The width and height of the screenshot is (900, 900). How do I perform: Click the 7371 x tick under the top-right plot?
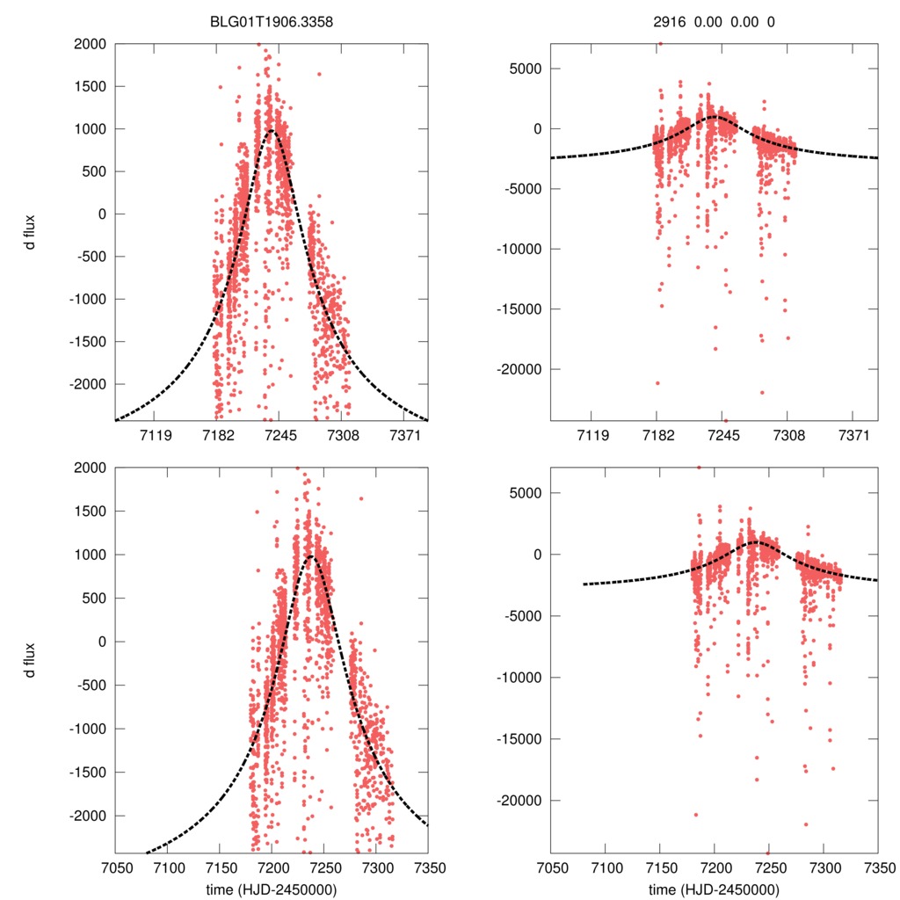(x=853, y=436)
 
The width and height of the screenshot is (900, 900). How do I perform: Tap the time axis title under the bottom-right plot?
(x=714, y=889)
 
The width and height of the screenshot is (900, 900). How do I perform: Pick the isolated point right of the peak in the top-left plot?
(x=319, y=74)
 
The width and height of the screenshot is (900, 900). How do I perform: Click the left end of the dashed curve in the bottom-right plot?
(x=584, y=584)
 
